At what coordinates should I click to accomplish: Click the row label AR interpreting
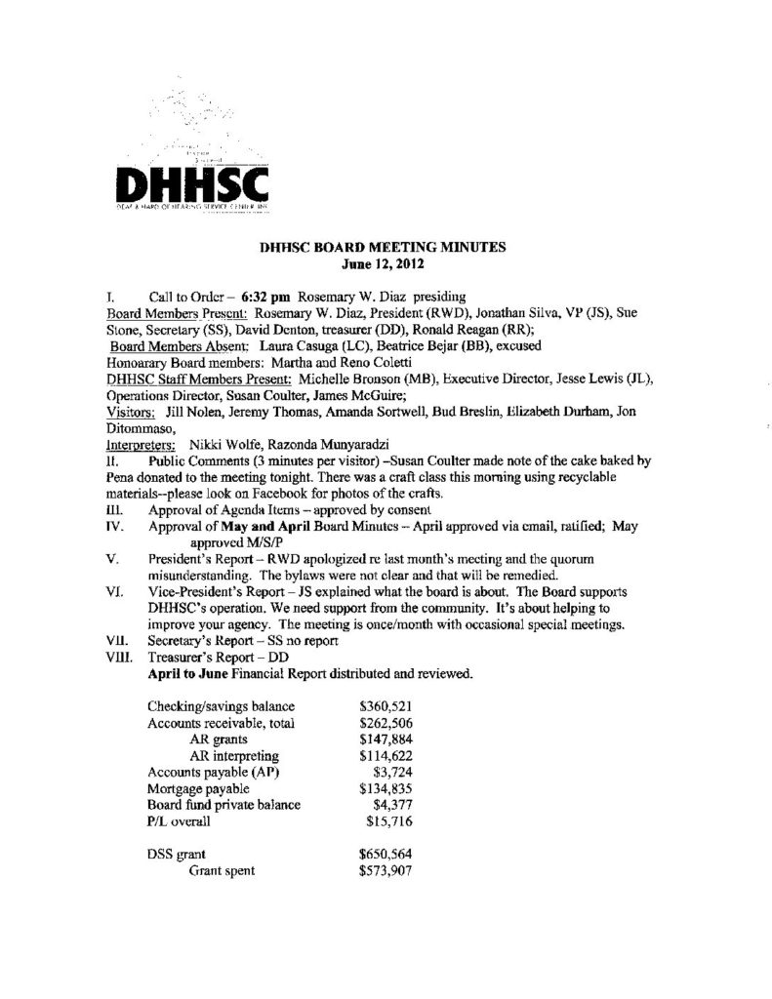[234, 756]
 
